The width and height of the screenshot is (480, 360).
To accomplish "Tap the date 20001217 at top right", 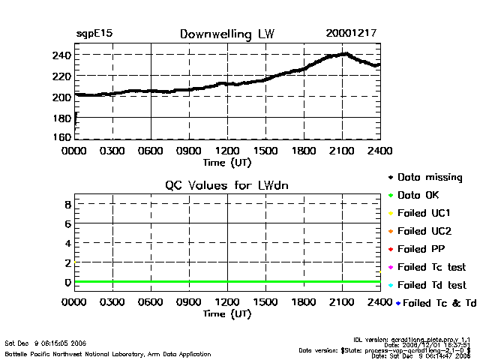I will [x=351, y=34].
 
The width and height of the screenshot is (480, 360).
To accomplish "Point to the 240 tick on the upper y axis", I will [x=61, y=55].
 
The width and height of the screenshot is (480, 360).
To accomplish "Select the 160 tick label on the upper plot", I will [x=61, y=138].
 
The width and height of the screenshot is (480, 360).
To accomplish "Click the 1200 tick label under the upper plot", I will [x=227, y=150].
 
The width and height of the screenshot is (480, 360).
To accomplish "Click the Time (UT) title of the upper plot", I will [x=227, y=161].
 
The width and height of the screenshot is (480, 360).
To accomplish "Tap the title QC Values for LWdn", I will [x=227, y=185].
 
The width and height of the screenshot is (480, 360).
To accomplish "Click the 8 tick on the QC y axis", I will [x=67, y=204].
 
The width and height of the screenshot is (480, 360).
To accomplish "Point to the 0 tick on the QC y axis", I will [x=67, y=283].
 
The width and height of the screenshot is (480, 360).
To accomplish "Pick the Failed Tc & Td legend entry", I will [x=436, y=303].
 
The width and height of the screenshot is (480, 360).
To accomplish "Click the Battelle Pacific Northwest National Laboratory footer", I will [x=107, y=353].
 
